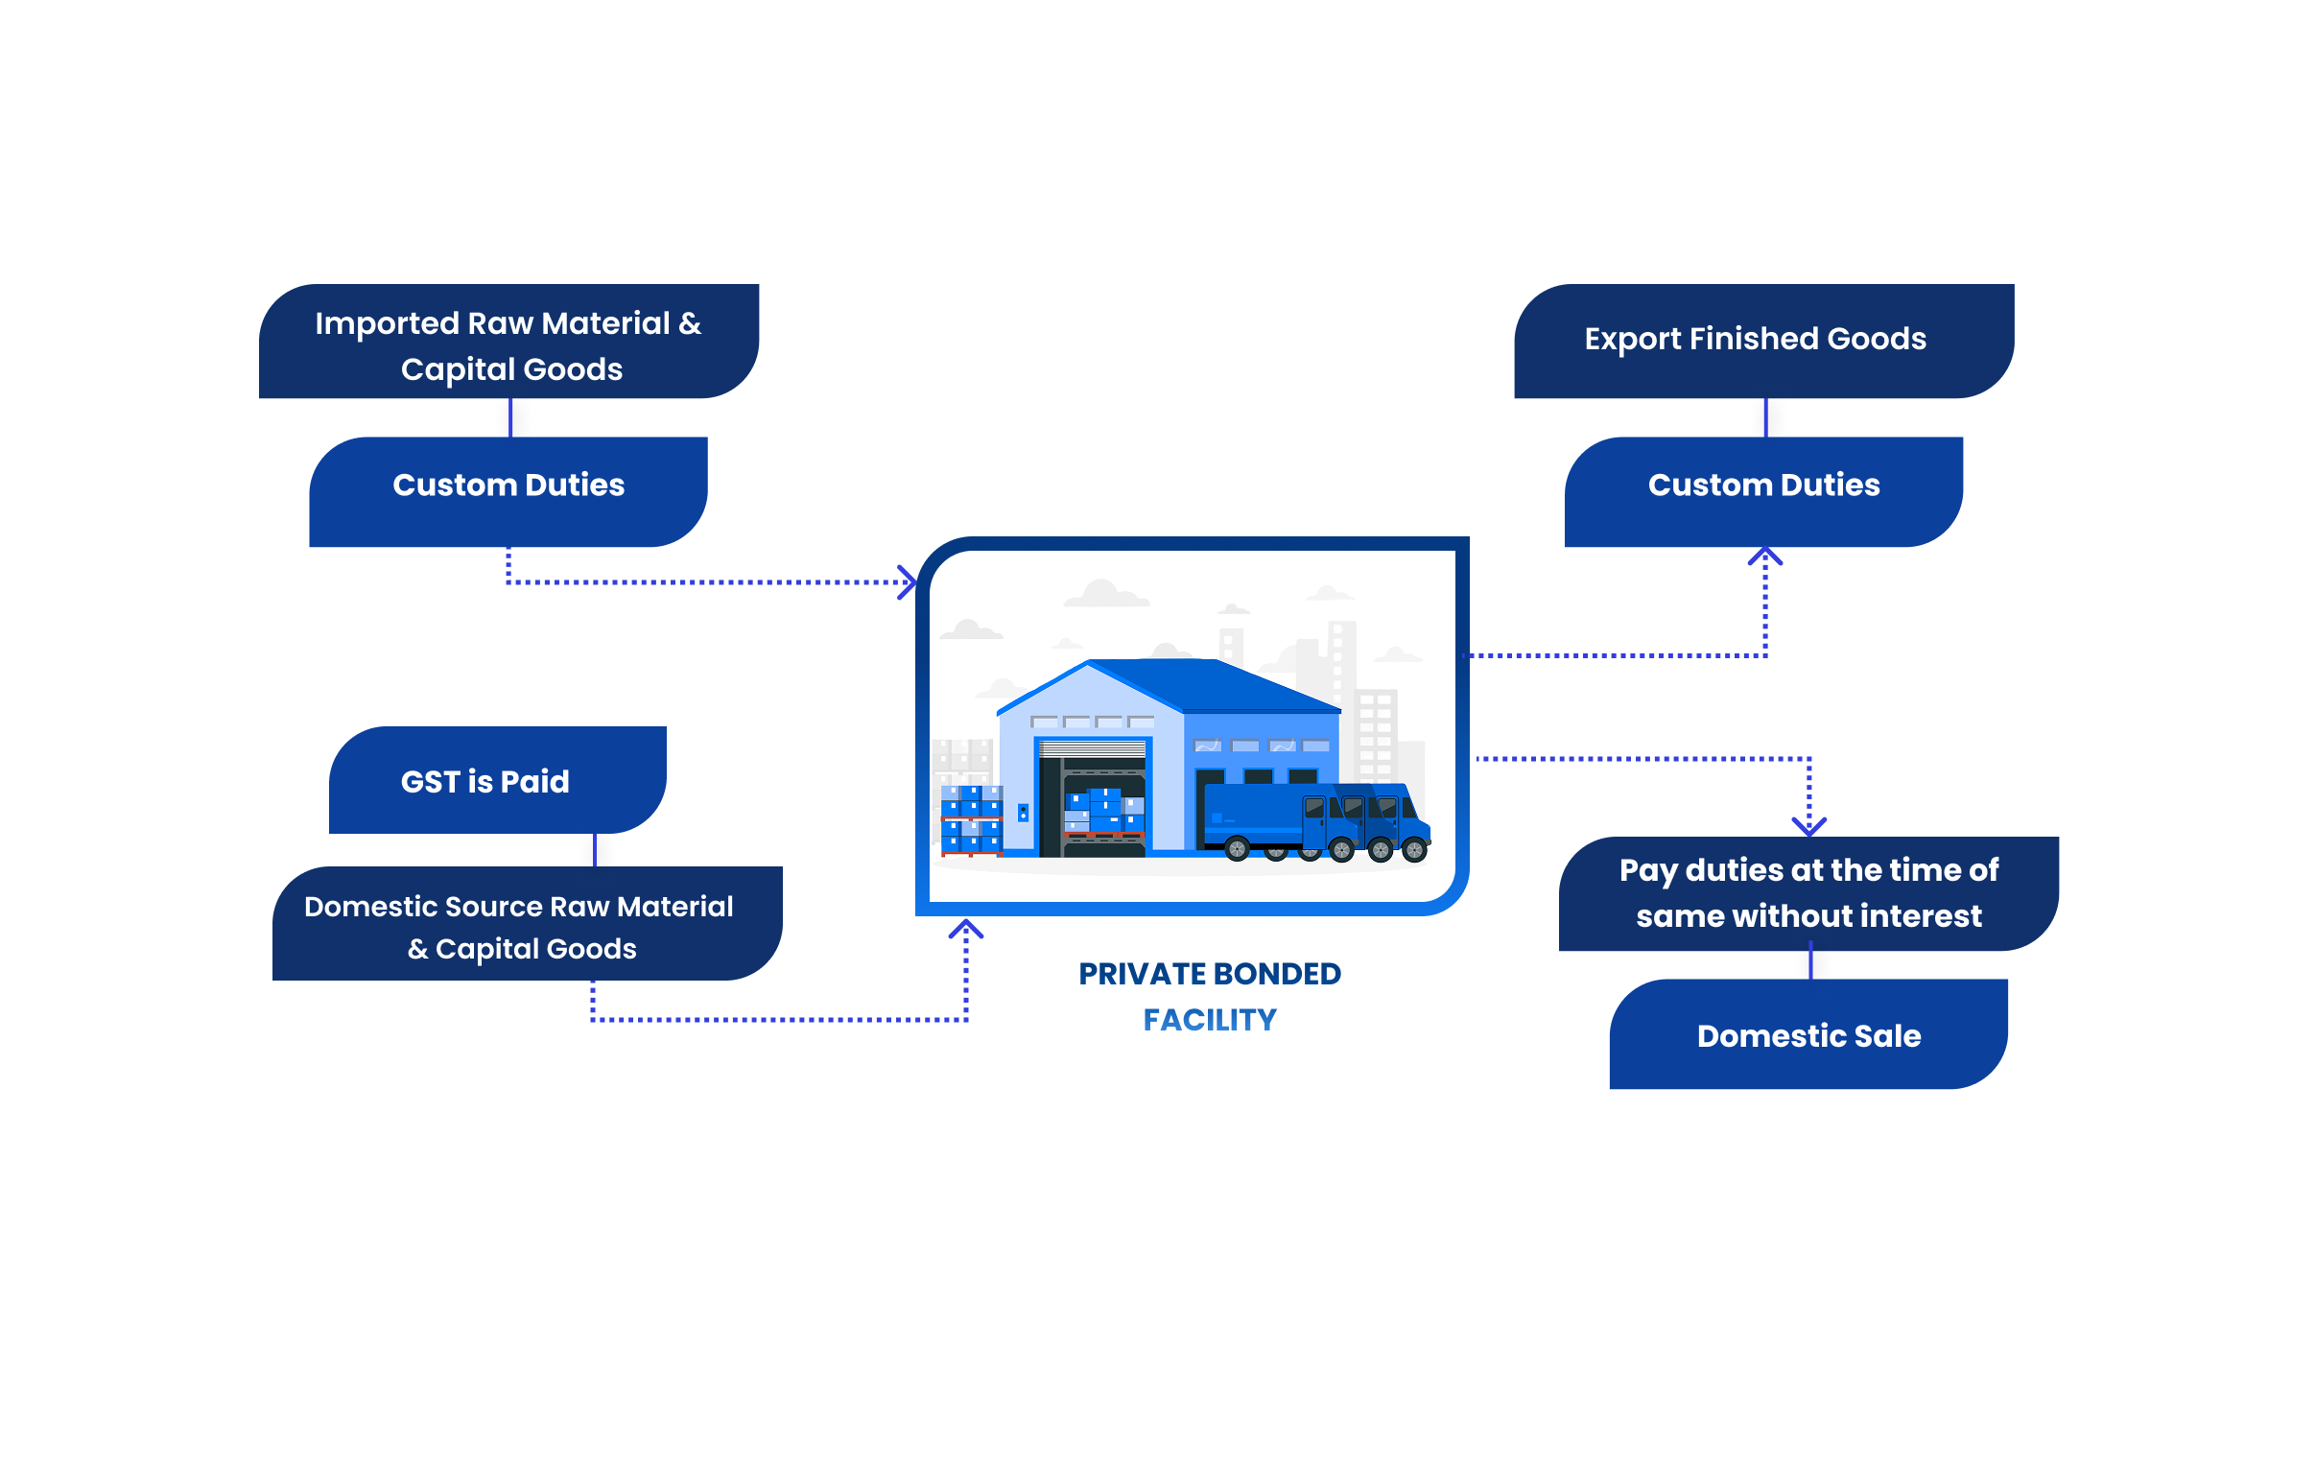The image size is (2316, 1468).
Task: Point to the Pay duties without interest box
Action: (1808, 893)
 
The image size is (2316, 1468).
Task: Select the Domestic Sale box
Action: (1808, 1034)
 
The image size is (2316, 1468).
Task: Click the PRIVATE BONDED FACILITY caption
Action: (1209, 997)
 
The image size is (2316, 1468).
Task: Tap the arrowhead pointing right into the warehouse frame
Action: (907, 582)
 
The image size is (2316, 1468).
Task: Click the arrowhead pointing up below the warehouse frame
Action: (966, 930)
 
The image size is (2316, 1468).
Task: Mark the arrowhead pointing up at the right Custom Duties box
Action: (1765, 557)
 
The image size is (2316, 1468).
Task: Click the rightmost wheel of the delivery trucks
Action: (1414, 849)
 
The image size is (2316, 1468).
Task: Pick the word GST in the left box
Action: (430, 781)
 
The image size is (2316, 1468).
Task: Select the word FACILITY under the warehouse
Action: (1209, 1020)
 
